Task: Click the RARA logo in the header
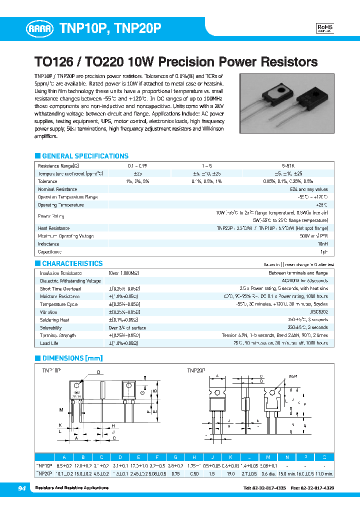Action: coord(39,29)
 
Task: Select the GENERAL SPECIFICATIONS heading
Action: coord(85,156)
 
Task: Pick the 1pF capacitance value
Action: coord(323,252)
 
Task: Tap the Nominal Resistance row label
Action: coord(57,189)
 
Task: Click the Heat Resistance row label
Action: coord(53,228)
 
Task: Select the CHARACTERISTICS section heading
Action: coord(72,263)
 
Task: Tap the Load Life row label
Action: coord(49,343)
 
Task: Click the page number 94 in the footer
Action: coord(22,488)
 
